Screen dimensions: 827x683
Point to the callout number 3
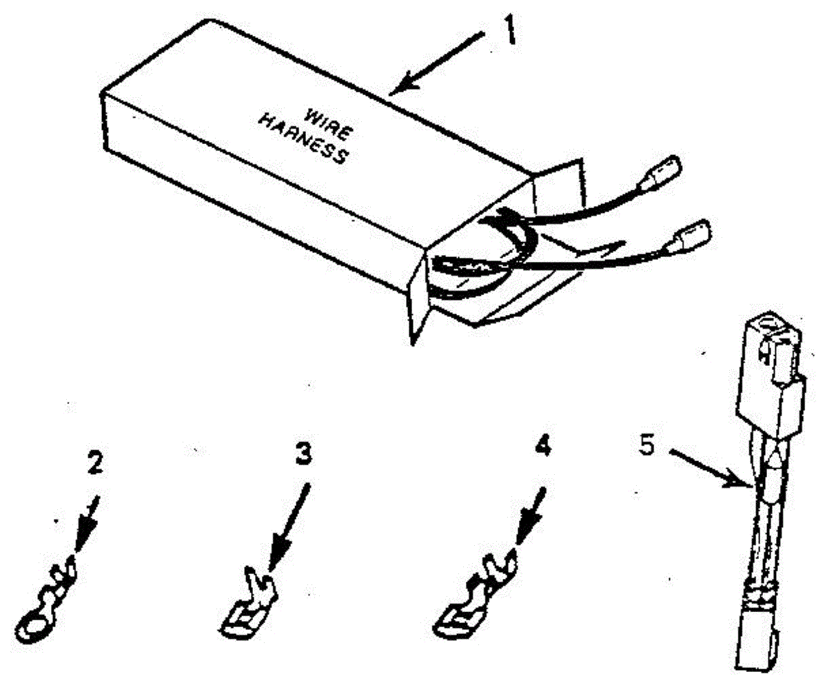[x=303, y=455]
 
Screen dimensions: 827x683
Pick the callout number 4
[x=542, y=447]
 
